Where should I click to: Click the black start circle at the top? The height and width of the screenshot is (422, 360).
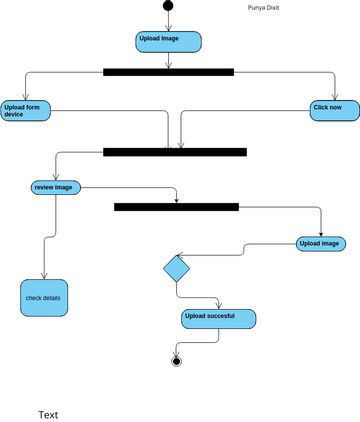click(168, 6)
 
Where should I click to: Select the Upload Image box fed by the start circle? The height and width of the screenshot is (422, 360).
click(168, 41)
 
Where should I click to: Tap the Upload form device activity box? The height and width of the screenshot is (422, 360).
click(26, 110)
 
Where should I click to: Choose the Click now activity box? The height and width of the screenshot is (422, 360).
click(334, 110)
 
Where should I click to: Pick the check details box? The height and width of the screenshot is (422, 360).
click(44, 298)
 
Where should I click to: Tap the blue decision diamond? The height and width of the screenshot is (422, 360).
click(176, 268)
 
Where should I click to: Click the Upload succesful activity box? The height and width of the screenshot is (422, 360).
click(218, 319)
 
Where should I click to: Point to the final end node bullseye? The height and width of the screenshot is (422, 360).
click(177, 360)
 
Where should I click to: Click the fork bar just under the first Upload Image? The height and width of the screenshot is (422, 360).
click(168, 72)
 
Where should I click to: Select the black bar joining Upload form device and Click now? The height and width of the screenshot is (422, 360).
click(175, 152)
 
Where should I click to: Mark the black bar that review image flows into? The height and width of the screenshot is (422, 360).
click(176, 207)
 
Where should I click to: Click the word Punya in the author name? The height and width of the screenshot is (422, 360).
click(257, 8)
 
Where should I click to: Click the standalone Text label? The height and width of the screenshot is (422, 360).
click(48, 414)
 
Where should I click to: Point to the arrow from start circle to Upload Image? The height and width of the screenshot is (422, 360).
click(168, 21)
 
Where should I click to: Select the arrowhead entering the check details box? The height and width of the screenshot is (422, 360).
click(44, 276)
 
